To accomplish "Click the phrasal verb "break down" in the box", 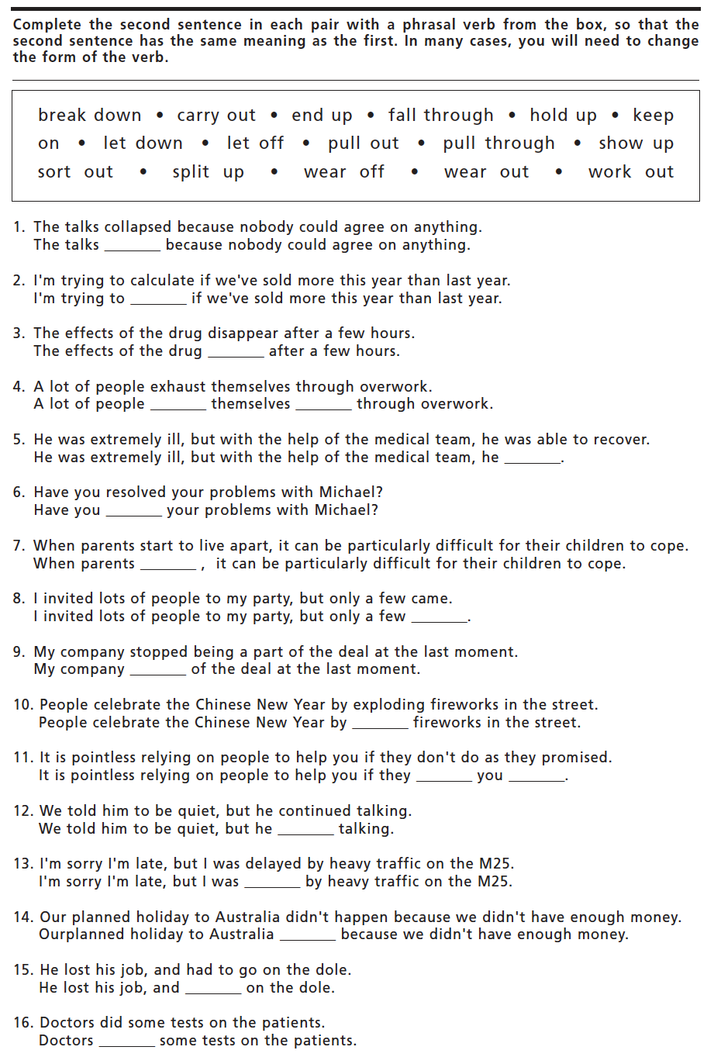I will (90, 116).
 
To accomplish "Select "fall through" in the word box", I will (440, 116).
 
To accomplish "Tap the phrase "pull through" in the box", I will (498, 143).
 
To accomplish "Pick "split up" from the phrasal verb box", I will (208, 172).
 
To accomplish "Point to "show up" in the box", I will (636, 143).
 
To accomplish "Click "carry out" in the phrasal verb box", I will (216, 116).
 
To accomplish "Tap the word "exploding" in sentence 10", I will (388, 705).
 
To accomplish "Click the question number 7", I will (19, 546).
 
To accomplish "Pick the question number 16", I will (22, 1023).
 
